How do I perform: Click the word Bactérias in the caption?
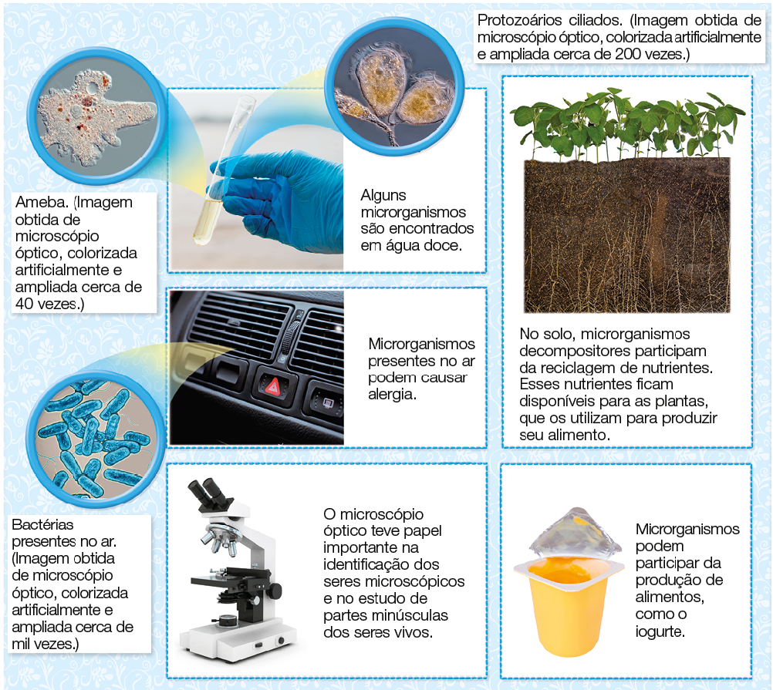42,524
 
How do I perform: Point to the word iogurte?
660,631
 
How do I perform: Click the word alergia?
392,395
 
